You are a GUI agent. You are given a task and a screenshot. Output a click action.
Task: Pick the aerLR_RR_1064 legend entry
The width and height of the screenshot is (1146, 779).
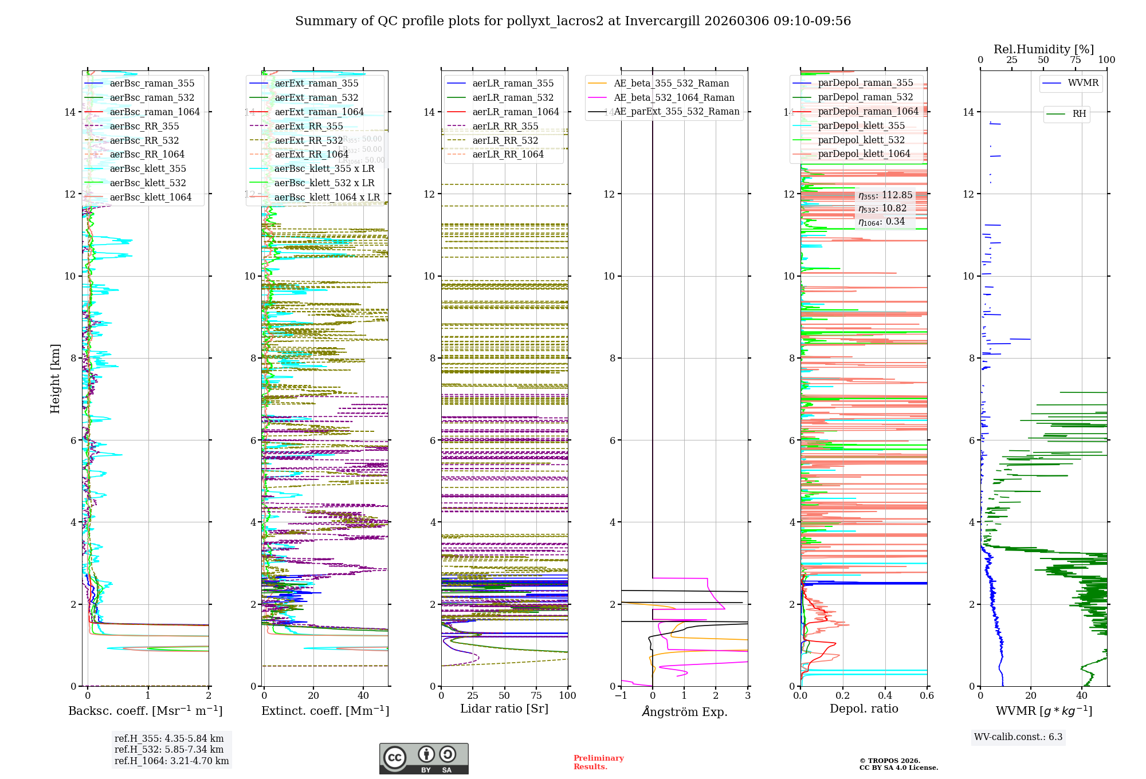point(508,154)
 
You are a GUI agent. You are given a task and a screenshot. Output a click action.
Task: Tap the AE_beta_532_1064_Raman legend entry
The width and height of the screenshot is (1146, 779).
point(674,97)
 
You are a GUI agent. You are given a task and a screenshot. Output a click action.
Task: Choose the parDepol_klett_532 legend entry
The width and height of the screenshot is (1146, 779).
point(861,140)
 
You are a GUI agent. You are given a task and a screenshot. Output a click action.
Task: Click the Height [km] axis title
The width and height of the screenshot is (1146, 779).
point(55,379)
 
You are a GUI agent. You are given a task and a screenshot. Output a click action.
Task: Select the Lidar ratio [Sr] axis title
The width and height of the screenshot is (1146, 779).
point(504,709)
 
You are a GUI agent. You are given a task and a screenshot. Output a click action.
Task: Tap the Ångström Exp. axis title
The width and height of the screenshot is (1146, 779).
point(684,711)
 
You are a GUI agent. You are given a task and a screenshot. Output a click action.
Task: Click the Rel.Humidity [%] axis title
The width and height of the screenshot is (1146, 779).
point(1043,49)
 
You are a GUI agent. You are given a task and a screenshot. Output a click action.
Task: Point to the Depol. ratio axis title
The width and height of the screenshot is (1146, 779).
point(864,709)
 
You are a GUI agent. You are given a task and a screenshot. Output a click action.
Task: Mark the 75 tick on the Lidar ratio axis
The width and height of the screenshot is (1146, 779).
point(536,695)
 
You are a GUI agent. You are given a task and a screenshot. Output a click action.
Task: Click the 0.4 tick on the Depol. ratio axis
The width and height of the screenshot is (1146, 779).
point(885,695)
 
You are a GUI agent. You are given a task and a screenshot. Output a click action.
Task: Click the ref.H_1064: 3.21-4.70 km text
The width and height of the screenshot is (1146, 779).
point(171,761)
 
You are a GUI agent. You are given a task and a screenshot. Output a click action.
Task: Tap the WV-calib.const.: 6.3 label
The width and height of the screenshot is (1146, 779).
point(1018,737)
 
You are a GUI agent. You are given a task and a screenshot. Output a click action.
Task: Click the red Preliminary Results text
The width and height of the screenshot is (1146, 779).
point(598,762)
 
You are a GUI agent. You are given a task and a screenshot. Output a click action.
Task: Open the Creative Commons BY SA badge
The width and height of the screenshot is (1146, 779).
point(423,758)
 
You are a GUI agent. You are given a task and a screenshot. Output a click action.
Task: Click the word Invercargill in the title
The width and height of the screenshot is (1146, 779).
point(662,21)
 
